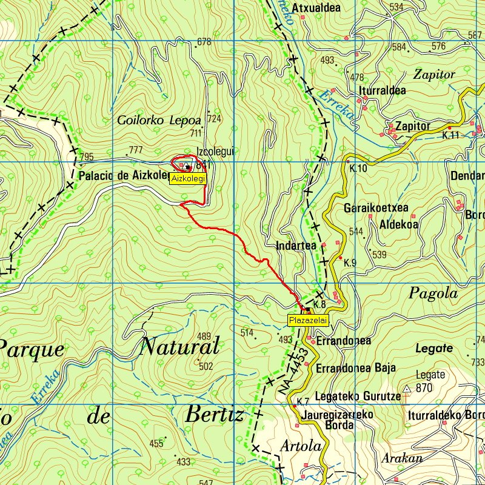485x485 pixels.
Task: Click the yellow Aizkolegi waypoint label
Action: pyautogui.click(x=189, y=179)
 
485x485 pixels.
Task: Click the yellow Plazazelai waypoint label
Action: pyautogui.click(x=308, y=320)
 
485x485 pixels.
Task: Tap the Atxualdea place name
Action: pyautogui.click(x=316, y=8)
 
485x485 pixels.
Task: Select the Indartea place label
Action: pyautogui.click(x=296, y=246)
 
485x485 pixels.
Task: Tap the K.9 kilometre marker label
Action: pyautogui.click(x=350, y=263)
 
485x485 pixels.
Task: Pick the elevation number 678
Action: pyautogui.click(x=204, y=42)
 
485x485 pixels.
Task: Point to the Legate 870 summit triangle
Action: pyautogui.click(x=407, y=388)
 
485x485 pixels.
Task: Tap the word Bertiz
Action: pyautogui.click(x=214, y=415)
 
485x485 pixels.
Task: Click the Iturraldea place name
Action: pyautogui.click(x=383, y=91)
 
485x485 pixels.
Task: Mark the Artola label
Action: pyautogui.click(x=301, y=446)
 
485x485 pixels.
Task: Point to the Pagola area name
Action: pyautogui.click(x=433, y=293)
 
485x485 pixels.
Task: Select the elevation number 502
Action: pyautogui.click(x=206, y=366)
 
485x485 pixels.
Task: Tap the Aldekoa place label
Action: pyautogui.click(x=398, y=224)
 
